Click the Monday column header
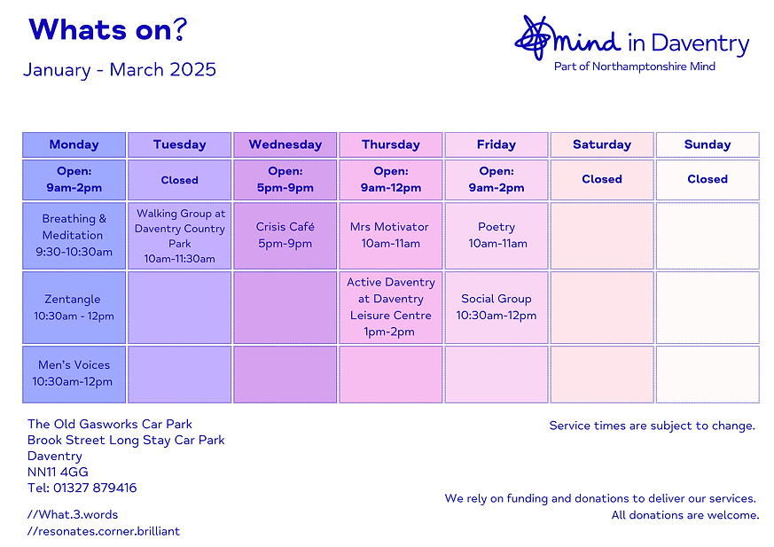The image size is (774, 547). tap(74, 145)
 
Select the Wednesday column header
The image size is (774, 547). tap(285, 145)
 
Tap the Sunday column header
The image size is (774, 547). tap(708, 145)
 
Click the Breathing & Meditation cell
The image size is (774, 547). tap(74, 235)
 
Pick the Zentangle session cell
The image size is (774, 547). tap(74, 308)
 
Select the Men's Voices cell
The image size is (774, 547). tap(74, 373)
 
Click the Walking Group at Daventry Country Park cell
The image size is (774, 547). tap(180, 236)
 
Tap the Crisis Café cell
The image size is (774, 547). tap(285, 235)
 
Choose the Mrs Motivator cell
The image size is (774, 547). tap(390, 235)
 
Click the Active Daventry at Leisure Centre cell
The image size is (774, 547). tap(390, 307)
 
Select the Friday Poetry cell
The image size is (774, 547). tap(496, 235)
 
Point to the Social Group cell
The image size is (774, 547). tap(496, 307)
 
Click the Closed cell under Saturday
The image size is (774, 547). tap(602, 179)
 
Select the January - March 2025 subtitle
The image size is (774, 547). tap(120, 70)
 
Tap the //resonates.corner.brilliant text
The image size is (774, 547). tap(104, 531)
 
